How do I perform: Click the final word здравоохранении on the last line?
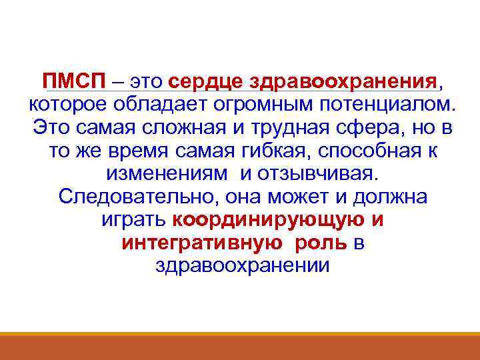241,266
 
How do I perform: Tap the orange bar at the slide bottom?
240,346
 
